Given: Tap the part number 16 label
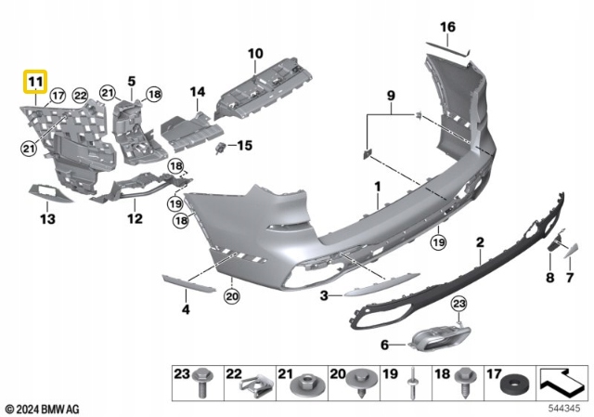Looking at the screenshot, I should tap(448, 27).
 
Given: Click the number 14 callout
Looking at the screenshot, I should tap(197, 92).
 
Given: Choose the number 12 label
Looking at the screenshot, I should tap(136, 219).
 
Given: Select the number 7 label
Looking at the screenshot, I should tap(570, 278).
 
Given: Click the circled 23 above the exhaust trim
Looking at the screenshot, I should tap(458, 304).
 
